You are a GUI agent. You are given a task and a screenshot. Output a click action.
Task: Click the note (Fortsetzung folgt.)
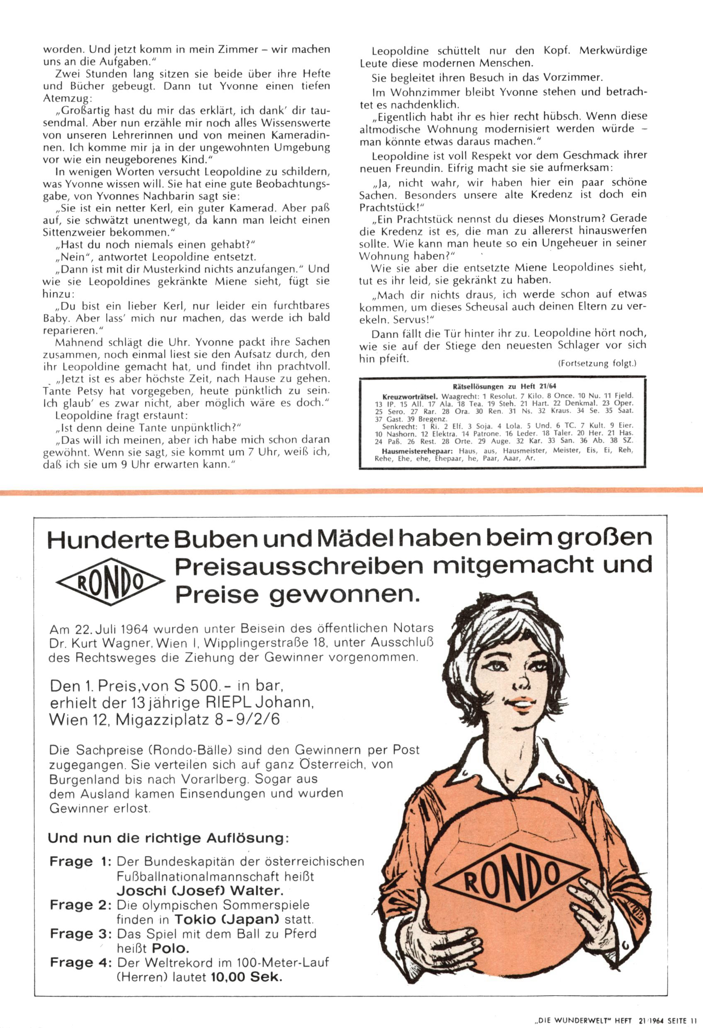pos(597,364)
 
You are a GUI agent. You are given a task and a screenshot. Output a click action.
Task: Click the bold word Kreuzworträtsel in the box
pos(410,396)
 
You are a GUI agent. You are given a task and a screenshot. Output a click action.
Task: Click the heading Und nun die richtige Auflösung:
pos(169,838)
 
